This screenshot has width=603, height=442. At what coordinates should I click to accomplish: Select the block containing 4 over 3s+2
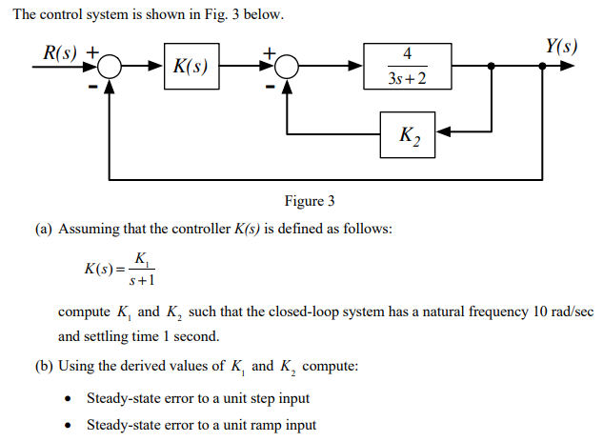pyautogui.click(x=408, y=66)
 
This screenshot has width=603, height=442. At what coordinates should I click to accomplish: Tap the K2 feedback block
pyautogui.click(x=407, y=135)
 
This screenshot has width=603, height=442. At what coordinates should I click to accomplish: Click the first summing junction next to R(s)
pyautogui.click(x=111, y=67)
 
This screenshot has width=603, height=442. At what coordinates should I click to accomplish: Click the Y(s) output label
pyautogui.click(x=560, y=46)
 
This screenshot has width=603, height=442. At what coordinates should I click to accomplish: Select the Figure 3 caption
pyautogui.click(x=311, y=201)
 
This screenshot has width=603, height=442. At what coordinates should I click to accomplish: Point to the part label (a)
pyautogui.click(x=44, y=230)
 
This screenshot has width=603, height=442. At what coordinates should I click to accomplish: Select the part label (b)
pyautogui.click(x=44, y=367)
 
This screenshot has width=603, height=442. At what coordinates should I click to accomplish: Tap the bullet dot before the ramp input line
pyautogui.click(x=69, y=425)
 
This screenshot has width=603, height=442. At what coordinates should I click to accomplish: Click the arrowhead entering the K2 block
pyautogui.click(x=443, y=135)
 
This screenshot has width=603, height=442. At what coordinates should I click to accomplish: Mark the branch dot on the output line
pyautogui.click(x=491, y=67)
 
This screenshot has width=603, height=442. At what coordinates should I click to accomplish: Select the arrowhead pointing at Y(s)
pyautogui.click(x=569, y=67)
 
